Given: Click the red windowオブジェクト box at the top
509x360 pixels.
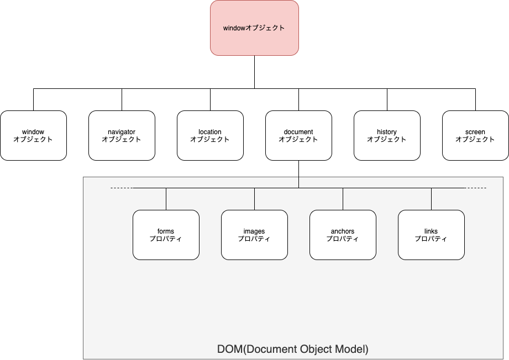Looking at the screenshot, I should coord(254,28).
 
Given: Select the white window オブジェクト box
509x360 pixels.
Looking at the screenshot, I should coord(33,136).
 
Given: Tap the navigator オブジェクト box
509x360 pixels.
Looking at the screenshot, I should coord(122,136).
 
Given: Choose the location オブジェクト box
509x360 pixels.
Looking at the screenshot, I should coord(210,136).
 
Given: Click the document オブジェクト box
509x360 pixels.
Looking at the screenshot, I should coord(298,136).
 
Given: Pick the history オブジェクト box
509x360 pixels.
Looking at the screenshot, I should coord(387,136).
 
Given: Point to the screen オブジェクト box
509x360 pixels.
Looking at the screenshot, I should coord(475,136).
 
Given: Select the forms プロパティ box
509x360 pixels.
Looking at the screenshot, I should coord(166,235).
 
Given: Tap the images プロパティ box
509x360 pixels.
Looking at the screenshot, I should coord(254,235).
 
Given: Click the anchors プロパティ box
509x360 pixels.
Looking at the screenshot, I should coord(343,235).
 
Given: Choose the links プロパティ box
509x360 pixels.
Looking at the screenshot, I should coord(431,235).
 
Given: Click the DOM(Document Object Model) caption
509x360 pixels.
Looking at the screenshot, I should coord(293,349).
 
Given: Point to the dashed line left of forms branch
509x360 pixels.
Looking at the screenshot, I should coord(122,188).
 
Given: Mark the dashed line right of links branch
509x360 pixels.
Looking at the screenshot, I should coord(475,188).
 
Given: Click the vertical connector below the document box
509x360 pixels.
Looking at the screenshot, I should coord(298,174).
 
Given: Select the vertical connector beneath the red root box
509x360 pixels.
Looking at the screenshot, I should coord(254,72).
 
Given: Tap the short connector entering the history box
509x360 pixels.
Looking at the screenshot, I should coord(387,99).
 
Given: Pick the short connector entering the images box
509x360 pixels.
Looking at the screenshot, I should coord(254,199).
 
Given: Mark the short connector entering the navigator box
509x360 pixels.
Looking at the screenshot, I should coord(122,99).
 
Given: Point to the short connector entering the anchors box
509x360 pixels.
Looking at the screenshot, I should coord(343,199).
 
